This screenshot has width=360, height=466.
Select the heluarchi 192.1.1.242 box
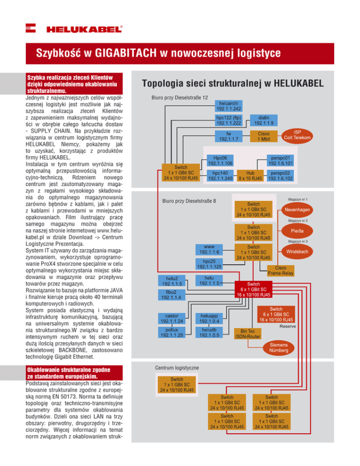coord(229,105)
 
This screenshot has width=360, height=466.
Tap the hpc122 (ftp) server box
coord(229,120)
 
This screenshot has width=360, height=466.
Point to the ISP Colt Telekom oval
coord(298,134)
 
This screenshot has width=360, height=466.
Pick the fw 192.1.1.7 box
coord(229,136)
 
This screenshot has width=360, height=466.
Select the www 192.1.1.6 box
coord(209,249)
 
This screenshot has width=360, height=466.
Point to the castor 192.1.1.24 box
coord(171,319)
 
